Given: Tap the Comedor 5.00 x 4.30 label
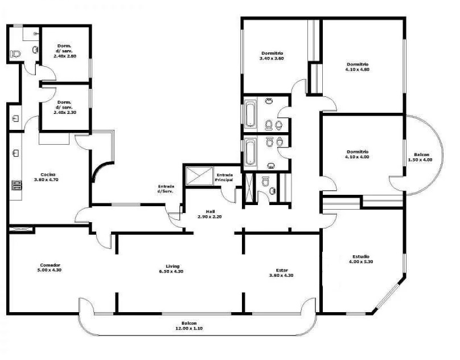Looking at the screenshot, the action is [x=50, y=268].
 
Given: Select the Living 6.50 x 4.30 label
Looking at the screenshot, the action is [x=171, y=269].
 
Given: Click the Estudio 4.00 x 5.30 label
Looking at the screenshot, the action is [x=361, y=259].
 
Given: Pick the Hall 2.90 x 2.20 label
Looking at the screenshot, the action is [x=210, y=214].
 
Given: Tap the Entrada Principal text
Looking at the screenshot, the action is [x=224, y=177].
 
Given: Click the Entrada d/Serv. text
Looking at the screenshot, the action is [x=166, y=189].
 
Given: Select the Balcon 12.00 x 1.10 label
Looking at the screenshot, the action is [x=189, y=326].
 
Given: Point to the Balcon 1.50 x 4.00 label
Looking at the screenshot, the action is [x=421, y=157].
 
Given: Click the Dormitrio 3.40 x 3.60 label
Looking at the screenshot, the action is [x=272, y=56].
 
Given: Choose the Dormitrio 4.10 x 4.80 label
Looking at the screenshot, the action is [x=358, y=67].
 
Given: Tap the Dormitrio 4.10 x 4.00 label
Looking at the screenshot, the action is [x=358, y=154].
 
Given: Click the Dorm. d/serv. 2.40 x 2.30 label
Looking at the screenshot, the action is [x=65, y=107].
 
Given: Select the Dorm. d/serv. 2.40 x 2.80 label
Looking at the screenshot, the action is [x=65, y=51].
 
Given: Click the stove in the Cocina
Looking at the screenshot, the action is [x=17, y=186].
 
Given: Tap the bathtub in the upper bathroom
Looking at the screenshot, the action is [x=250, y=114].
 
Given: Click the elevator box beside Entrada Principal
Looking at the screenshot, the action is [x=199, y=176].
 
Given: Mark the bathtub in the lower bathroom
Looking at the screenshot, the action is [x=250, y=153].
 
